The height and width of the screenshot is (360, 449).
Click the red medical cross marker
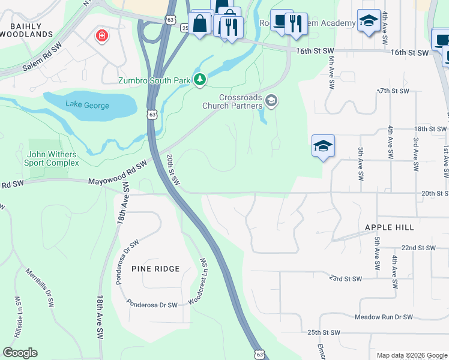pyautogui.click(x=103, y=36)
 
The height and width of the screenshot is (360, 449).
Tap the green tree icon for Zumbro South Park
pyautogui.click(x=199, y=80)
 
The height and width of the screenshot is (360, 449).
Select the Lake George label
pyautogui.click(x=88, y=106)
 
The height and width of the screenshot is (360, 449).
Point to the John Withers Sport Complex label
pyautogui.click(x=52, y=158)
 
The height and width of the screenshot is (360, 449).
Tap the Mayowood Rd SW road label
pyautogui.click(x=118, y=172)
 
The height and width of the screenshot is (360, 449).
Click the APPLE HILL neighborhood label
pyautogui.click(x=390, y=228)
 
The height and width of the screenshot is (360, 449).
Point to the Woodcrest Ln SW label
pyautogui.click(x=199, y=282)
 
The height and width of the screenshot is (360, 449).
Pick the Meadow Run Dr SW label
pyautogui.click(x=384, y=317)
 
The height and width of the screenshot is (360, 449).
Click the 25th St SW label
pyautogui.click(x=324, y=332)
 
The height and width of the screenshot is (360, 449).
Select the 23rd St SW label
pyautogui.click(x=345, y=279)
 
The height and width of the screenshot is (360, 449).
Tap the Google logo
pyautogui.click(x=20, y=353)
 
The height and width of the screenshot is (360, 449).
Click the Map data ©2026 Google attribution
pyautogui.click(x=411, y=355)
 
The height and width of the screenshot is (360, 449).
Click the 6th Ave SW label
pyautogui.click(x=330, y=71)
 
